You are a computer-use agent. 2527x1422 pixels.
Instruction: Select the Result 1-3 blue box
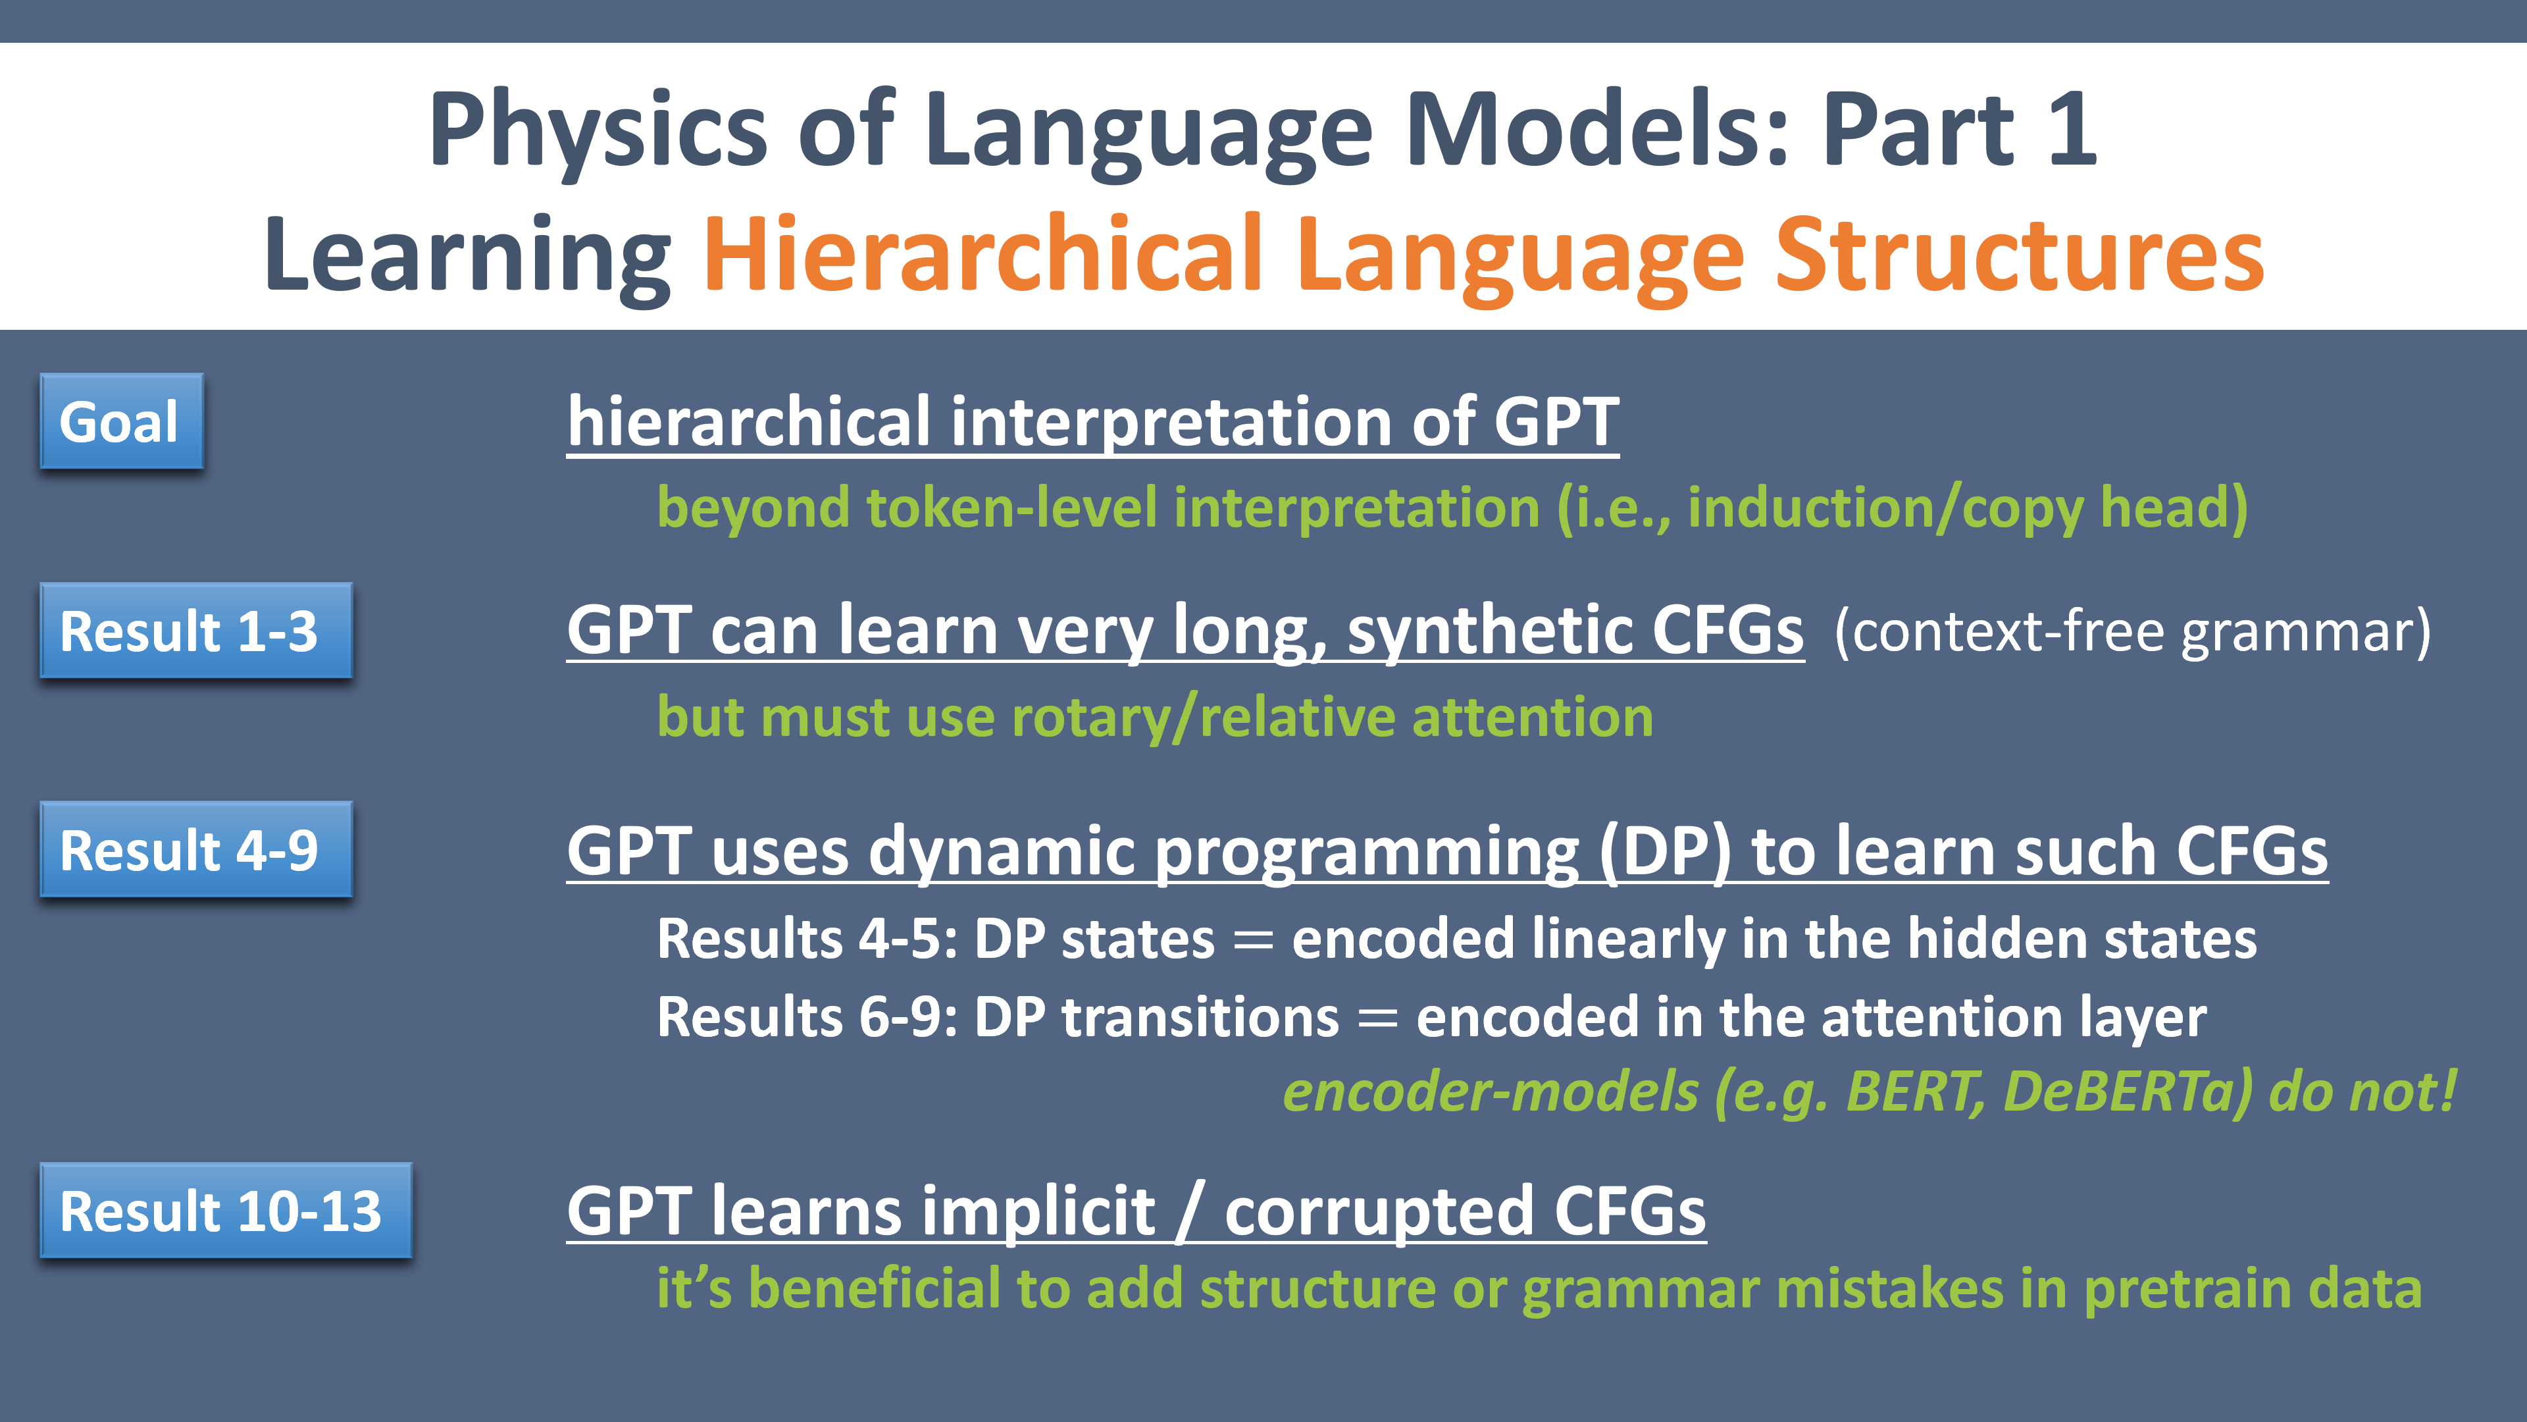coord(196,630)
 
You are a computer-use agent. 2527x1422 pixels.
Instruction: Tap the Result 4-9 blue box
coord(196,849)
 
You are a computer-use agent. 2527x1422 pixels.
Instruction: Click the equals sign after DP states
coord(1254,940)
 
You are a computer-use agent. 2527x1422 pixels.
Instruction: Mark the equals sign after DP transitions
coord(1378,1018)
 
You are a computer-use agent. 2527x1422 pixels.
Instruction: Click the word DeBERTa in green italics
coord(2128,1092)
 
